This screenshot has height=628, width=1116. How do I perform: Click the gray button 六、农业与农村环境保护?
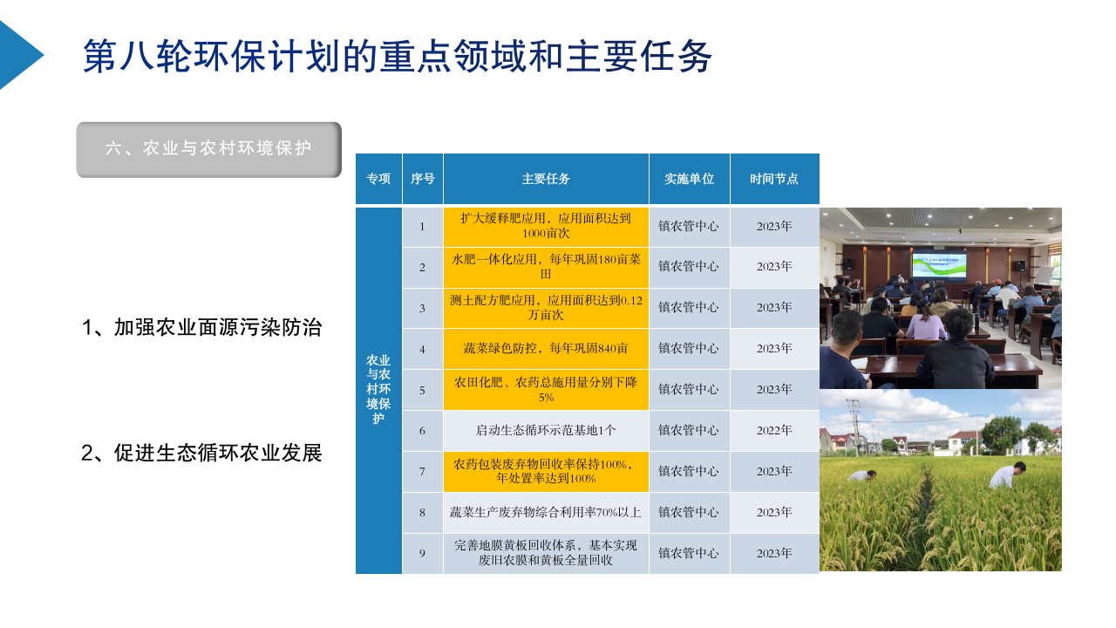(208, 149)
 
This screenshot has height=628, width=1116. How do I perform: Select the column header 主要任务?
(546, 179)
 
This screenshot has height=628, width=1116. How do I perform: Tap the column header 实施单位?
(689, 179)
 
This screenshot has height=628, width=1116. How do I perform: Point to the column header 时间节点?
(774, 179)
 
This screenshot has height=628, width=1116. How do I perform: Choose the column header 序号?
(423, 179)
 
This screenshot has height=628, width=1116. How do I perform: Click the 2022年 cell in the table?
(774, 430)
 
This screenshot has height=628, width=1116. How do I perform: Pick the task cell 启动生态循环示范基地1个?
(546, 430)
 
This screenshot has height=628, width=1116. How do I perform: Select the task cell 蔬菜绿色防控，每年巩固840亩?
(546, 348)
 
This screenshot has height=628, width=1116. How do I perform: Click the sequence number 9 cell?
(423, 553)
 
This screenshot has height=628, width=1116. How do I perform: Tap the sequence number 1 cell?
(423, 227)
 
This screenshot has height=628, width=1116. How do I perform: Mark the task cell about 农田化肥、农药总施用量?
(546, 390)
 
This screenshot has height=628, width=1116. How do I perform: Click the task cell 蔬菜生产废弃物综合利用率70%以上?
(546, 512)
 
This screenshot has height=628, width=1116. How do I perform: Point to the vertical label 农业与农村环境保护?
(378, 389)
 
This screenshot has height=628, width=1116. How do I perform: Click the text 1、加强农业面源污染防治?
(201, 327)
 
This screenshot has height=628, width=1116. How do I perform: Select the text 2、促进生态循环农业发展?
(201, 453)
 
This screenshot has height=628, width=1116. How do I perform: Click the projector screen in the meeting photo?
(939, 266)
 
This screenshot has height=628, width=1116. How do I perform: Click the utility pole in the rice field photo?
(855, 427)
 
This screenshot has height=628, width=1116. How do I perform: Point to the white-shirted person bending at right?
(1007, 475)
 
